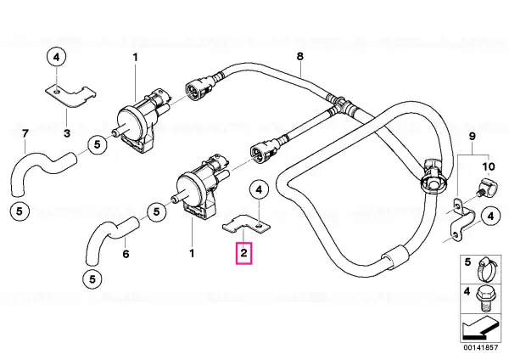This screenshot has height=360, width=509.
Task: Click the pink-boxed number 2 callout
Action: click(243, 253)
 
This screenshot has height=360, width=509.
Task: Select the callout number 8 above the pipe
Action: click(300, 56)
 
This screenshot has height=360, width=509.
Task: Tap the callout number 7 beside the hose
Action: click(25, 133)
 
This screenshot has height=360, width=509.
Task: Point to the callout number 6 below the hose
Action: click(126, 253)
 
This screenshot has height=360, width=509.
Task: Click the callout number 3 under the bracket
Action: click(66, 133)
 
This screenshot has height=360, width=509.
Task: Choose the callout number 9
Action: click(472, 136)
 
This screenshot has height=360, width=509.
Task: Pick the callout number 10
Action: click(489, 166)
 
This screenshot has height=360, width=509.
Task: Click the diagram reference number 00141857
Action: click(480, 347)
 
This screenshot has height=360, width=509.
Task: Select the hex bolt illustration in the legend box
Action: click(484, 298)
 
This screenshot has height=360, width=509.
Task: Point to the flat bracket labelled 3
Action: click(70, 96)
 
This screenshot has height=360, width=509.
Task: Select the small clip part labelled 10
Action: click(485, 189)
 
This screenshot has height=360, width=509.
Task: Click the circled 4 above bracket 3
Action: click(57, 58)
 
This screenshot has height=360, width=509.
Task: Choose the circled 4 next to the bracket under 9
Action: click(490, 216)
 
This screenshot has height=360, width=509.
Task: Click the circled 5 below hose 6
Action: click(92, 279)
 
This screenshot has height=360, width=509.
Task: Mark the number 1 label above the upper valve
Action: click(136, 58)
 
